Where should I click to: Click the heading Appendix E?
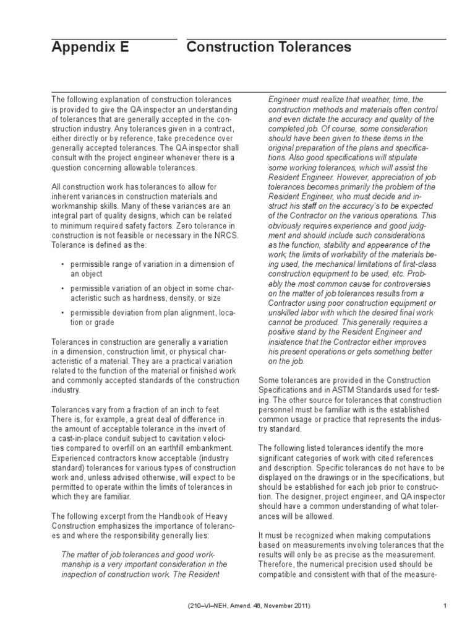click(x=90, y=47)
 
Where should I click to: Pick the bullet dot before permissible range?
click(x=62, y=264)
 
